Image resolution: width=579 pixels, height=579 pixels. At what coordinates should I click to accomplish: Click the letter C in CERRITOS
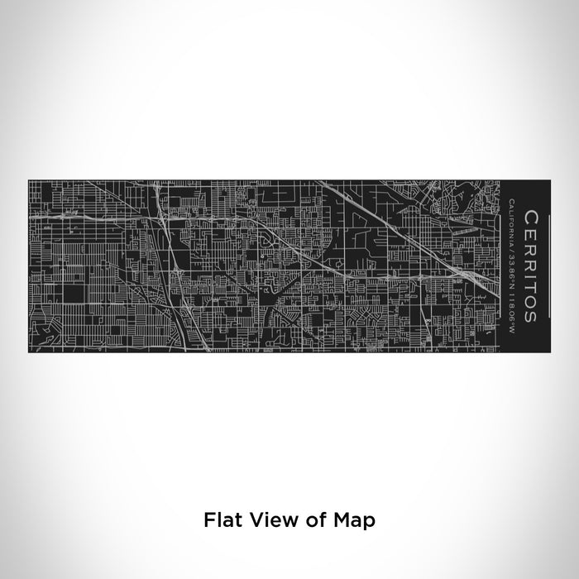(x=530, y=216)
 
